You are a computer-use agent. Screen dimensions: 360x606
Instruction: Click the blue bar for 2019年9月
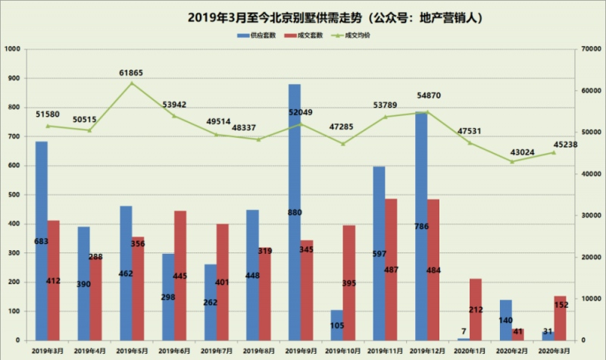295,212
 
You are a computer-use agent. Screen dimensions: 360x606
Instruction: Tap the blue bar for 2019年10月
336,324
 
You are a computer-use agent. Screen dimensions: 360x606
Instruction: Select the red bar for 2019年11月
392,269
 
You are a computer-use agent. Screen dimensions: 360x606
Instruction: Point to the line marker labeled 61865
132,83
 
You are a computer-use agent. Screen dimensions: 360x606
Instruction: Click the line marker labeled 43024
511,161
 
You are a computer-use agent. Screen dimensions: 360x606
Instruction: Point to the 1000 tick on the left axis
13,50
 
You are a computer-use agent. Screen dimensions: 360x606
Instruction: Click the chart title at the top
302,16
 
